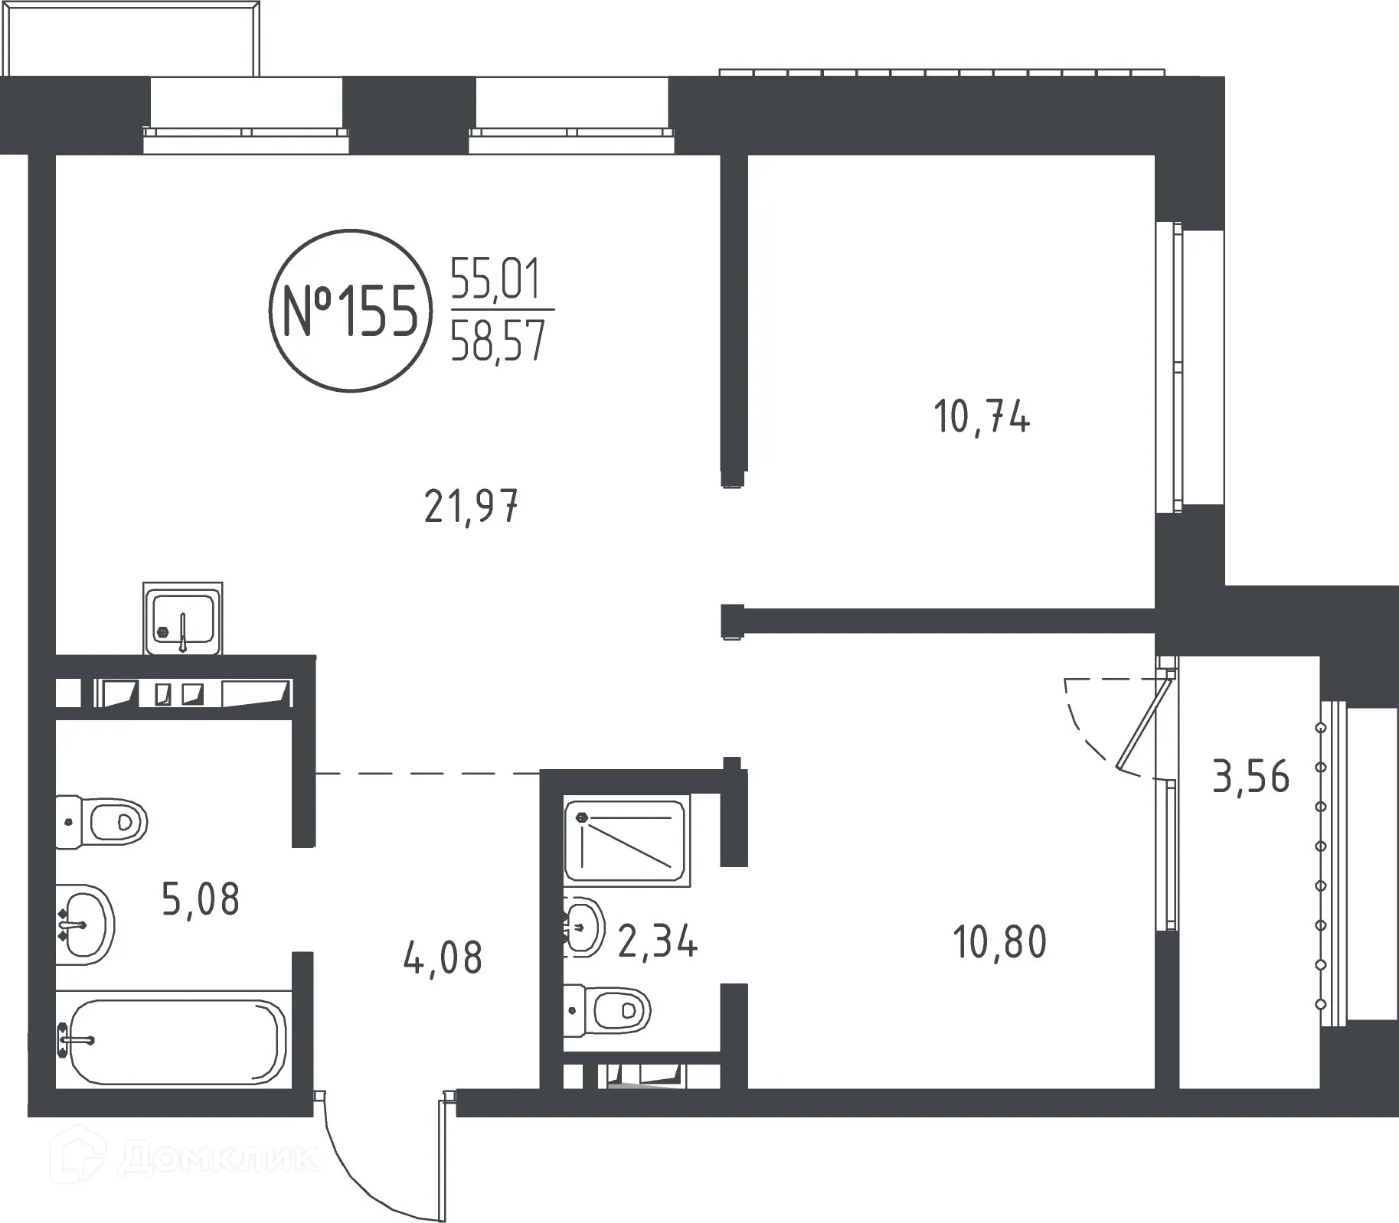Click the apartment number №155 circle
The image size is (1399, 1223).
click(350, 310)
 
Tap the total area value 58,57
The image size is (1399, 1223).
click(498, 341)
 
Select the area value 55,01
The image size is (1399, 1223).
click(496, 279)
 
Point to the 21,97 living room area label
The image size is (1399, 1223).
click(472, 507)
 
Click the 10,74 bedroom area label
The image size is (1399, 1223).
click(982, 418)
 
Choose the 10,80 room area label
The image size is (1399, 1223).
click(999, 942)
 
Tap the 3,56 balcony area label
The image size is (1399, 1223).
click(1251, 777)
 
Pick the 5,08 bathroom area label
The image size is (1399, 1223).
click(201, 899)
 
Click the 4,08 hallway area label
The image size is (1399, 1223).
click(443, 958)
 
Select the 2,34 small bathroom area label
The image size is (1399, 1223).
click(658, 941)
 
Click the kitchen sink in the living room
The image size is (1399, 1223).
click(182, 618)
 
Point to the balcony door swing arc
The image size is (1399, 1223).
click(1084, 727)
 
